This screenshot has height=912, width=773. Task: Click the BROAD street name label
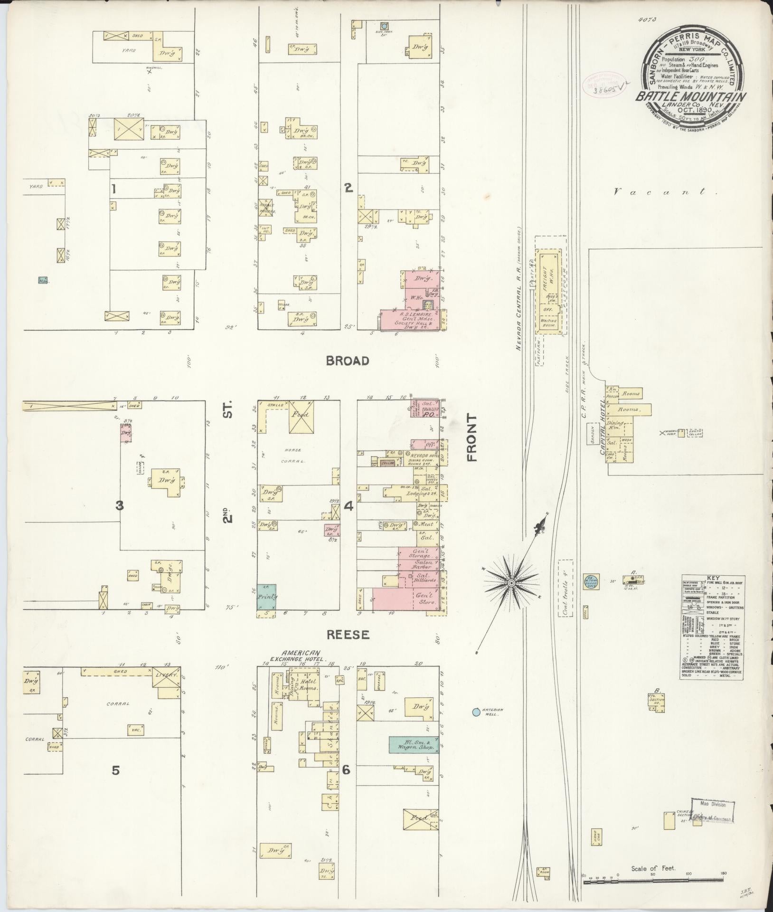click(x=348, y=361)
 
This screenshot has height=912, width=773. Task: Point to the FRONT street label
click(x=471, y=437)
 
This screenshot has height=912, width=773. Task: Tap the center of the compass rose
click(x=512, y=583)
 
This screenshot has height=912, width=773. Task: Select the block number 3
click(x=119, y=506)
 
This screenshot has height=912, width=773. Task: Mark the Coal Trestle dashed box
click(x=566, y=589)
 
